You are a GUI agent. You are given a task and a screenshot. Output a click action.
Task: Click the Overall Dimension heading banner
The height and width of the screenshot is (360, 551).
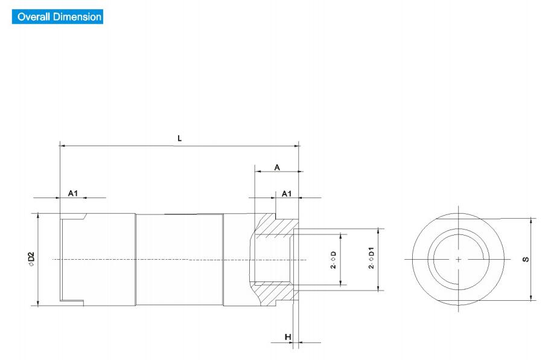(x=57, y=16)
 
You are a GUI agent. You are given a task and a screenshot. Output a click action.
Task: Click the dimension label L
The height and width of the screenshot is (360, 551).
(x=180, y=138)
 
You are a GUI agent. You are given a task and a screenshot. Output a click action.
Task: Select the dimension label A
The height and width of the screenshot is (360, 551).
(x=277, y=167)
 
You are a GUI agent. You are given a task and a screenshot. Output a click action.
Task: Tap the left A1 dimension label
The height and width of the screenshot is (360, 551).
(x=73, y=193)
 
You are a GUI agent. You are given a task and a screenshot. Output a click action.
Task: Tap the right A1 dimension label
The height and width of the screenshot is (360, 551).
(x=287, y=194)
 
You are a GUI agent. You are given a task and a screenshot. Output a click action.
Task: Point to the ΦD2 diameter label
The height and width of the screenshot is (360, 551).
(x=31, y=259)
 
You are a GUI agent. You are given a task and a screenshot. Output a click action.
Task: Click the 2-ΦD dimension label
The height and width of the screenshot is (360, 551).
(x=333, y=260)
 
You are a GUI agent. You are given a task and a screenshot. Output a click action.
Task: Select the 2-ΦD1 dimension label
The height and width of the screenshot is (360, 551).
(x=371, y=258)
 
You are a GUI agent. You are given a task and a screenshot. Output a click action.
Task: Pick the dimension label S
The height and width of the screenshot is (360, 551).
(x=526, y=260)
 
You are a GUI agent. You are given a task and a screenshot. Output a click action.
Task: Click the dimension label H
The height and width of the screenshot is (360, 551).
(x=288, y=337)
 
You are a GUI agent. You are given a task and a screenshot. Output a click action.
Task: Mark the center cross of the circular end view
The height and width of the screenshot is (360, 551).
(x=459, y=260)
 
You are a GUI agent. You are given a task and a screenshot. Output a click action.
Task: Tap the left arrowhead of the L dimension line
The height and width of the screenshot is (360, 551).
(x=62, y=146)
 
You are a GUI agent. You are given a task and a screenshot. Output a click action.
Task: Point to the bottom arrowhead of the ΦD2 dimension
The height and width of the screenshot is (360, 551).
(x=38, y=303)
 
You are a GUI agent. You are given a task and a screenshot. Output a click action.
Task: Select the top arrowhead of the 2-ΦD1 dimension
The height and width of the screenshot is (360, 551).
(x=378, y=231)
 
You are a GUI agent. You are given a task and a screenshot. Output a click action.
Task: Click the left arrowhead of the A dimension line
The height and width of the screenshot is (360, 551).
(x=257, y=172)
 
